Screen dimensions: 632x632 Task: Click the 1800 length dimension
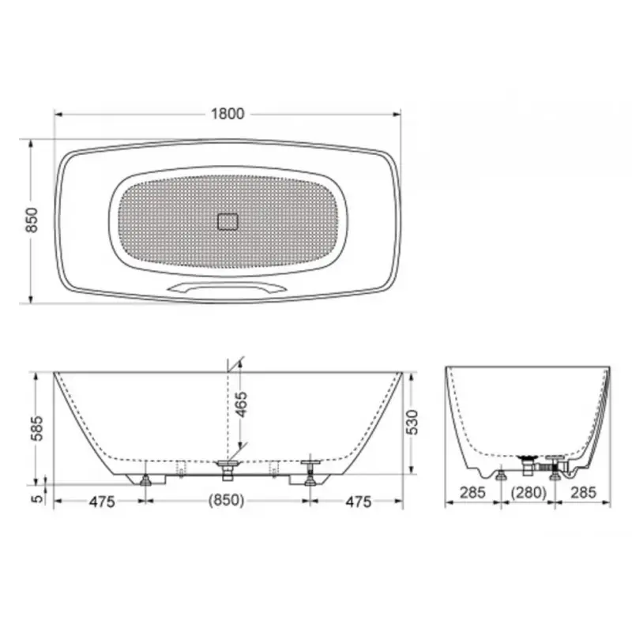pyautogui.click(x=228, y=114)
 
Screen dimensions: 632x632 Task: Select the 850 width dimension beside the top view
pyautogui.click(x=32, y=220)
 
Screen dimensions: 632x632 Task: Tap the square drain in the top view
pyautogui.click(x=228, y=222)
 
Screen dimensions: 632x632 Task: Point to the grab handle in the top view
pyautogui.click(x=228, y=288)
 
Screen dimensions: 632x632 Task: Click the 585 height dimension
pyautogui.click(x=37, y=428)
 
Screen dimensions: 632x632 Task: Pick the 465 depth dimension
pyautogui.click(x=241, y=404)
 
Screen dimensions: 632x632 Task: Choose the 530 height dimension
pyautogui.click(x=412, y=422)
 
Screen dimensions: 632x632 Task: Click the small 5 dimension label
pyautogui.click(x=37, y=498)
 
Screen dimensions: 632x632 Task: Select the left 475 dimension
pyautogui.click(x=102, y=502)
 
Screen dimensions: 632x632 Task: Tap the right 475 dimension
pyautogui.click(x=359, y=502)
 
